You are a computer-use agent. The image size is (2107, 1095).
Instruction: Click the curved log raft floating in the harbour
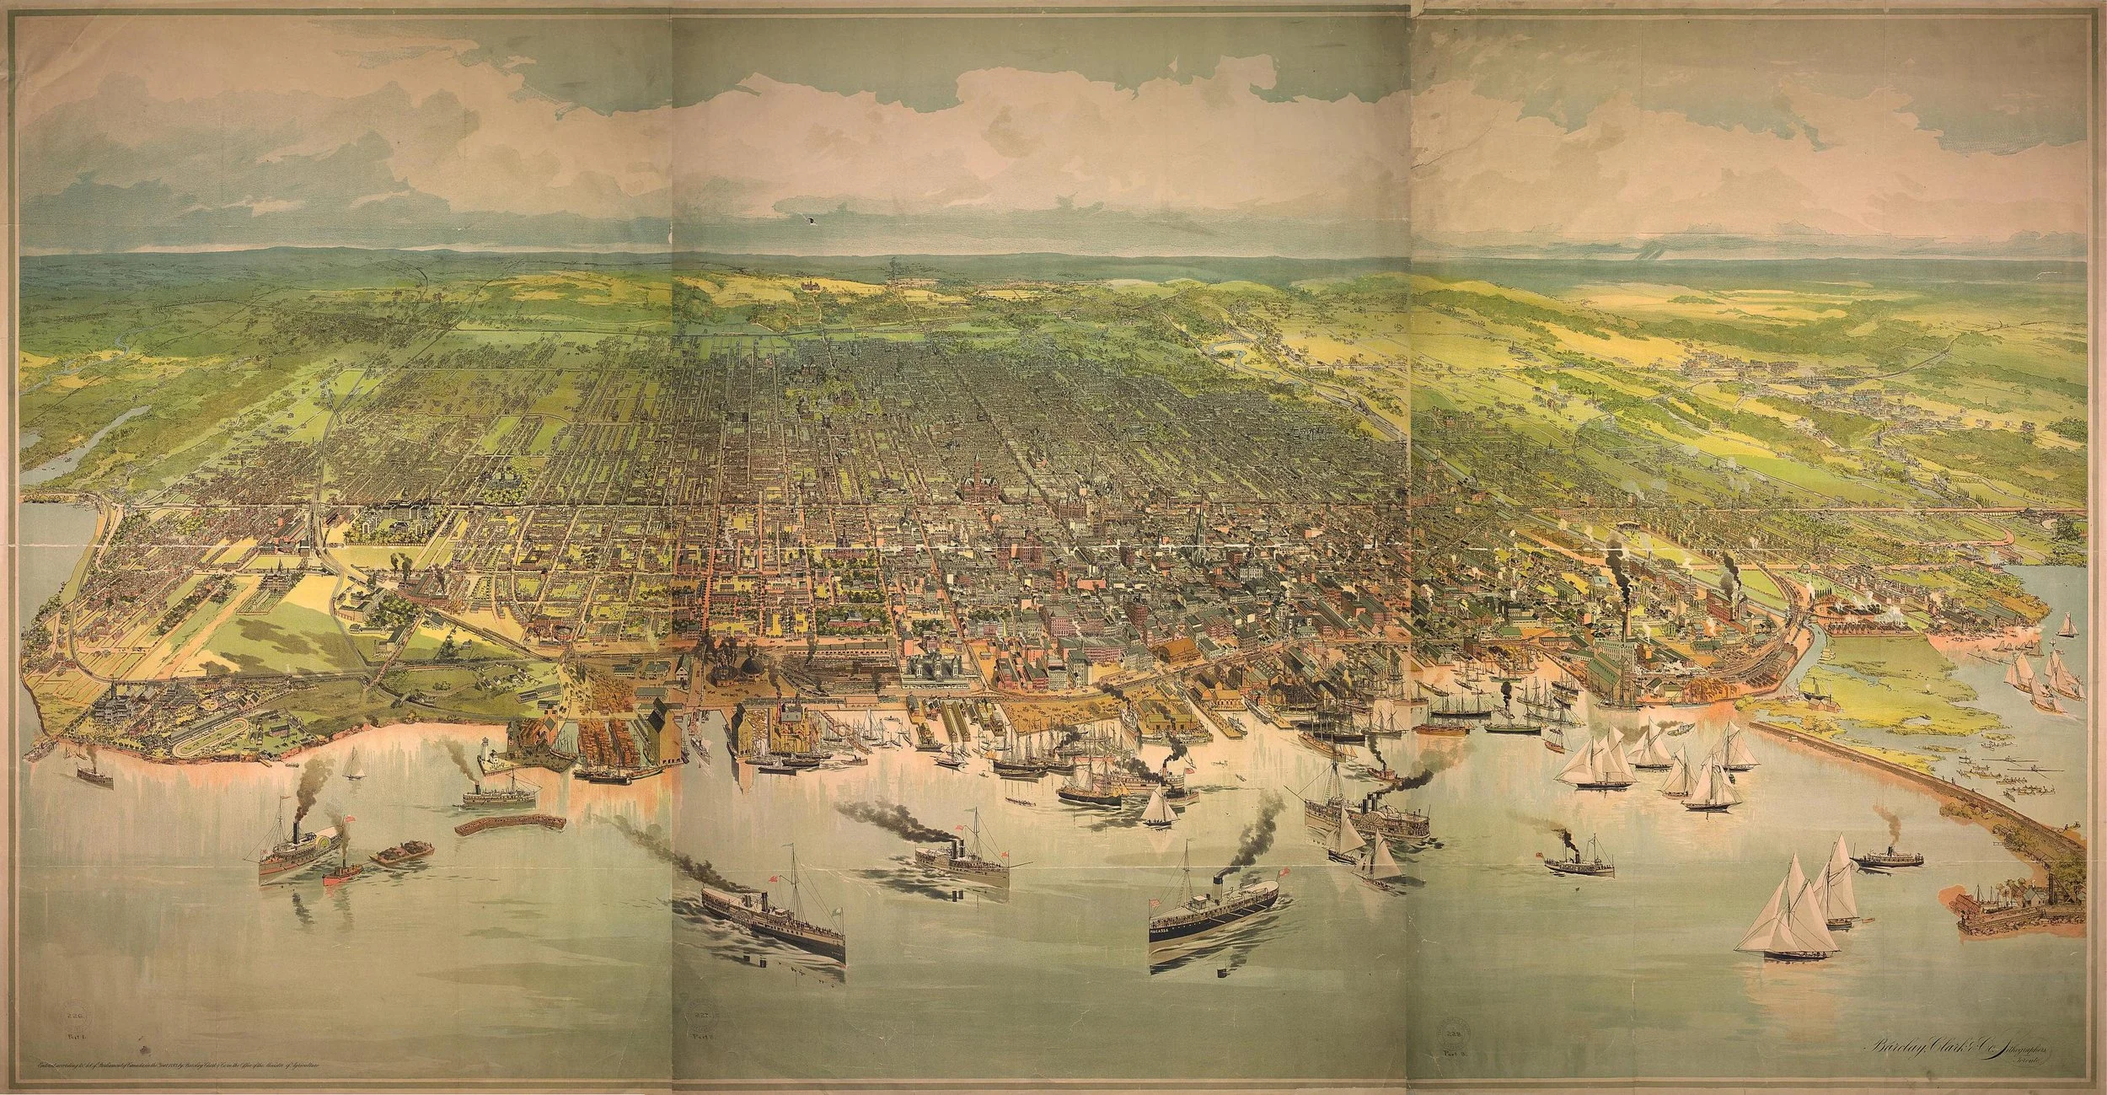point(507,824)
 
